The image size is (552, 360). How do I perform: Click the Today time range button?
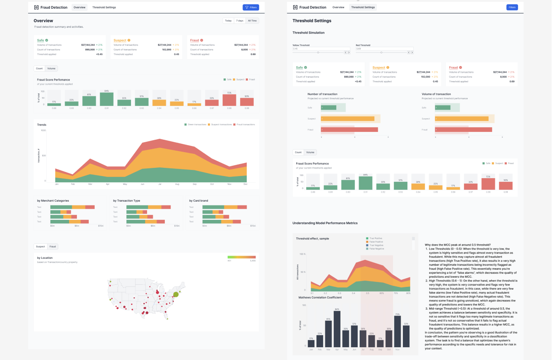click(228, 21)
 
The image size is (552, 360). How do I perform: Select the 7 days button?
click(240, 21)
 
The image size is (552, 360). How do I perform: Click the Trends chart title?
click(42, 124)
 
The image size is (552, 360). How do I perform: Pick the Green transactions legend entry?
click(196, 124)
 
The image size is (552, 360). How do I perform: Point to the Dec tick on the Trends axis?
click(245, 184)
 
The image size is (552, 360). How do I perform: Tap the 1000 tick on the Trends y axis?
click(43, 131)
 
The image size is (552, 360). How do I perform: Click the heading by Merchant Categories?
click(53, 200)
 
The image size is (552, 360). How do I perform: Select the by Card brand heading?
click(199, 200)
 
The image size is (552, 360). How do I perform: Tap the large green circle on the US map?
click(176, 294)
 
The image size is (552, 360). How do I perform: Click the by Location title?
click(45, 258)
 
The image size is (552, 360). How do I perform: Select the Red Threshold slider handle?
click(381, 52)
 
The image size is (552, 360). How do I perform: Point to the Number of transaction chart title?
click(322, 94)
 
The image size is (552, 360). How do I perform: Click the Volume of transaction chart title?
click(436, 94)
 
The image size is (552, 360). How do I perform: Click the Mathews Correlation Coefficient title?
click(320, 297)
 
